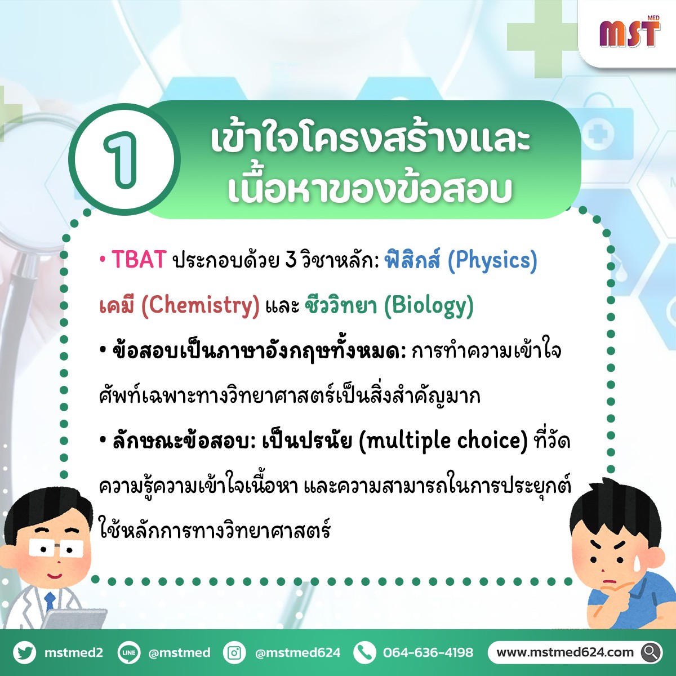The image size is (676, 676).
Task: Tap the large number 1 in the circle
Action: (122, 159)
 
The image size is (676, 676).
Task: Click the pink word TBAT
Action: (139, 260)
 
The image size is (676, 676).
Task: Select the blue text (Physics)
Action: (492, 261)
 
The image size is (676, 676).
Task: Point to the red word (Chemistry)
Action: (200, 305)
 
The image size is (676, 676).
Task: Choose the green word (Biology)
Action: (429, 306)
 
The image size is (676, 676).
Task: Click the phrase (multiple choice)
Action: (443, 441)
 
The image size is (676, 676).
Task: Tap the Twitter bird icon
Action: (25, 652)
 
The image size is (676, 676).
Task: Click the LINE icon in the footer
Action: (129, 652)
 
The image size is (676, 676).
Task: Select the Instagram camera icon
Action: (234, 652)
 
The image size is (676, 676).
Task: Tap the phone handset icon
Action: (364, 652)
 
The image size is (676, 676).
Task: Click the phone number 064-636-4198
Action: (428, 652)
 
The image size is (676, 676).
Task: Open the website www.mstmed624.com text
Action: (565, 652)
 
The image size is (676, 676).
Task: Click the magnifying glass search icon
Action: (651, 652)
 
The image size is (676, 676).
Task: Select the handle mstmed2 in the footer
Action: (74, 652)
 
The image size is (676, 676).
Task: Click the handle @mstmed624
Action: (297, 652)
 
